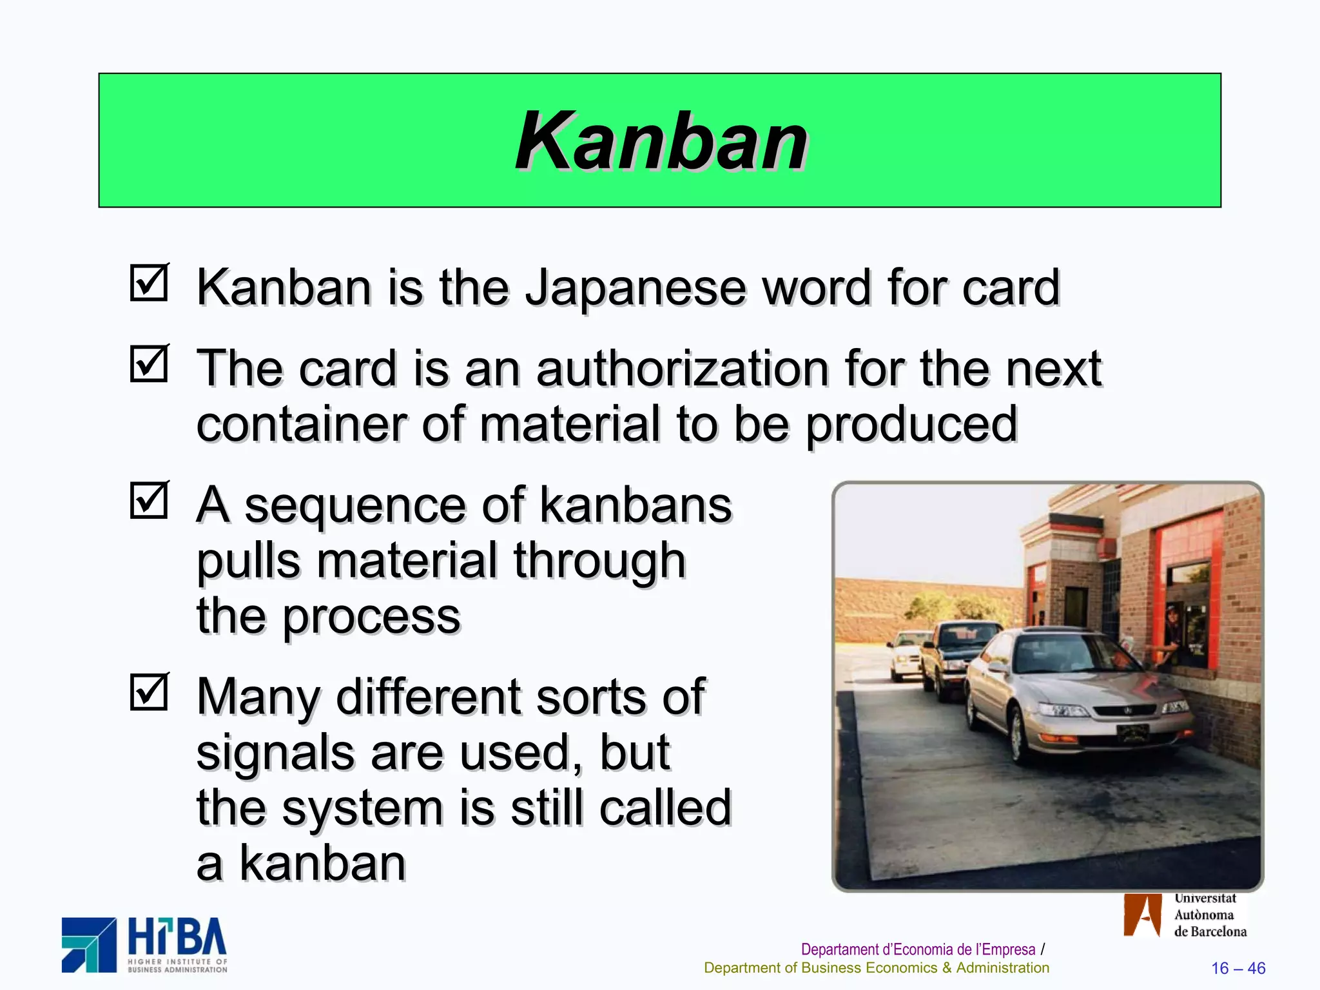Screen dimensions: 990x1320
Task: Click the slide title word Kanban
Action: tap(661, 141)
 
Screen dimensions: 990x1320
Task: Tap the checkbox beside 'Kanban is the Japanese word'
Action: tap(149, 283)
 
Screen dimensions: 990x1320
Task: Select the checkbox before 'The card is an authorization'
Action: tap(149, 364)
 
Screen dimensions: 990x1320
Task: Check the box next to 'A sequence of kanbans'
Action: tap(149, 501)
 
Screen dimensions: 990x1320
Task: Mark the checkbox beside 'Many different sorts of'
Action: tap(149, 692)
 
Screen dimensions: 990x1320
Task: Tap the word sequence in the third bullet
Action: tap(354, 505)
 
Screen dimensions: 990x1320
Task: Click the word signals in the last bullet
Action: tap(275, 753)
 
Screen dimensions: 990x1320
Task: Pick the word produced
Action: tap(911, 425)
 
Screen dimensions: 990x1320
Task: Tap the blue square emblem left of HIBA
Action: tap(89, 945)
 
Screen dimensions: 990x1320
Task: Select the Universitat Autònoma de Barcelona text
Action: tap(1209, 915)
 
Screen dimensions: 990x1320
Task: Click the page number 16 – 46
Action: tap(1237, 968)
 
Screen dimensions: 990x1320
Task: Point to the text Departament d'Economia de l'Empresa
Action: tap(917, 949)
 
